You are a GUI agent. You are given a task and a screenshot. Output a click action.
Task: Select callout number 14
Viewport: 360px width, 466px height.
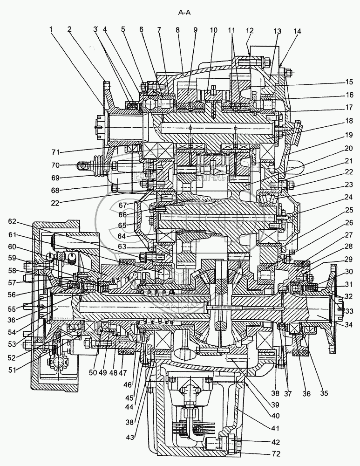(x=297, y=32)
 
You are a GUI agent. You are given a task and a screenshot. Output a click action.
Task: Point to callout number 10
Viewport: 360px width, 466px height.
(x=213, y=31)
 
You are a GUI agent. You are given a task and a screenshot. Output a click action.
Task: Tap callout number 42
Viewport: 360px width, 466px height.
(x=277, y=442)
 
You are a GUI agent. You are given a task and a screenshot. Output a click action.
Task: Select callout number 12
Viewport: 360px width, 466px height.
(x=250, y=31)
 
